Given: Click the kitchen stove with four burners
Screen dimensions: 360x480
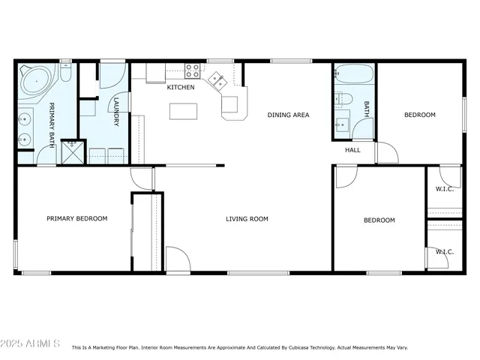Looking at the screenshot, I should (x=193, y=72).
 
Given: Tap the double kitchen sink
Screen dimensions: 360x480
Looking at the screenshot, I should (x=217, y=79).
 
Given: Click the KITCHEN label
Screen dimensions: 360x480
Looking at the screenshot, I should (x=181, y=88).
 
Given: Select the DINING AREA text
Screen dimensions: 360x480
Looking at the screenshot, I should (x=289, y=115).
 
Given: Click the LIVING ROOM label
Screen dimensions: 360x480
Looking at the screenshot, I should (x=247, y=219).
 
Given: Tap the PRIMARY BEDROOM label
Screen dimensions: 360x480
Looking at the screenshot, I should (x=76, y=219).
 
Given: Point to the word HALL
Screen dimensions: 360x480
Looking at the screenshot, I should (x=352, y=150).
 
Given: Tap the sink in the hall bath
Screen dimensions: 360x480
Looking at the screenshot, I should (x=342, y=124).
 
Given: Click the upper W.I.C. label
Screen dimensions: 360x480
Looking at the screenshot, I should (x=445, y=188).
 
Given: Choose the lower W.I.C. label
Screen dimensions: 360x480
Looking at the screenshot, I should (x=445, y=252).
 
